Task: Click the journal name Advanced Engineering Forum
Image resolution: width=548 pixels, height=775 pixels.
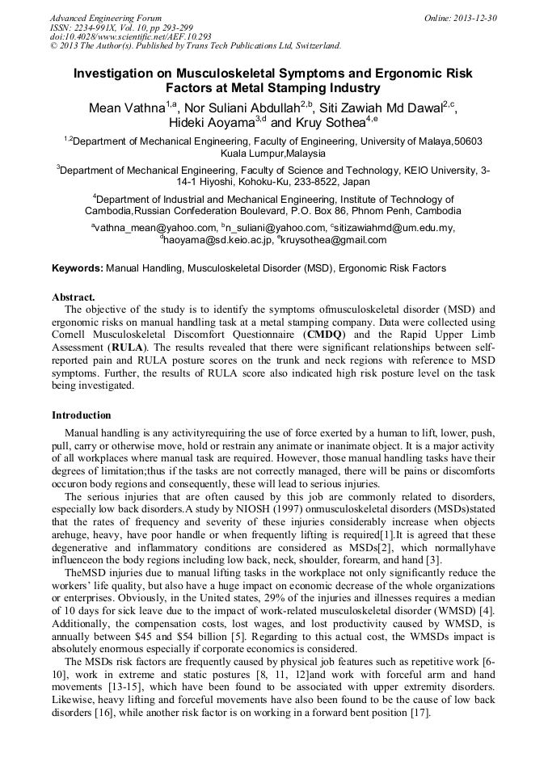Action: pyautogui.click(x=105, y=18)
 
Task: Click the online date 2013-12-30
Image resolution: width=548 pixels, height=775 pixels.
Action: pyautogui.click(x=476, y=18)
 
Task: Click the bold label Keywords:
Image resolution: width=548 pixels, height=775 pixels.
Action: pyautogui.click(x=78, y=267)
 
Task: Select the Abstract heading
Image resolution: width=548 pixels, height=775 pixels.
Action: pyautogui.click(x=74, y=297)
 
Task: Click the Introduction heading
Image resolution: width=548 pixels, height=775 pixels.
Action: pyautogui.click(x=82, y=415)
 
